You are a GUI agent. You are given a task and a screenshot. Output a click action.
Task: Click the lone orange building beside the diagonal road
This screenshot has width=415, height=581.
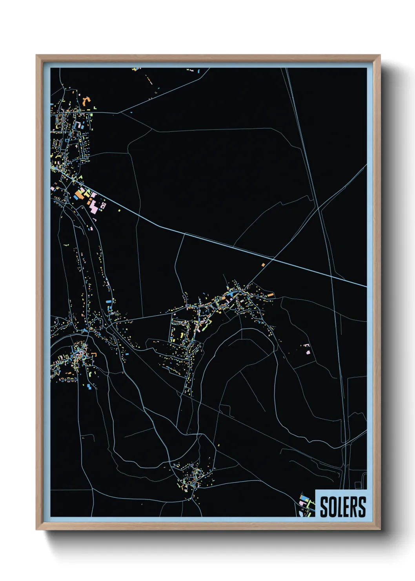[x=263, y=265]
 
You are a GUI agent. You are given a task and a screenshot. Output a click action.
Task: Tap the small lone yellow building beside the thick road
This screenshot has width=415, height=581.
[x=119, y=210]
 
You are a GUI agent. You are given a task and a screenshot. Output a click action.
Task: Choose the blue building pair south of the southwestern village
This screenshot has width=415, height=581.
[x=90, y=387]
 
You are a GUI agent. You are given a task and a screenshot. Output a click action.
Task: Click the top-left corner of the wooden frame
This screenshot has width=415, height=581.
[x=36, y=55]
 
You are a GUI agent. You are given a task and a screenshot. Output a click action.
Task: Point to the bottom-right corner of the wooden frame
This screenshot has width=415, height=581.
[x=380, y=529]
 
